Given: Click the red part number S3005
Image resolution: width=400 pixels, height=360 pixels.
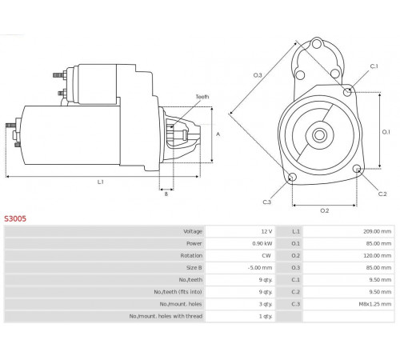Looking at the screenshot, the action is (x=15, y=218).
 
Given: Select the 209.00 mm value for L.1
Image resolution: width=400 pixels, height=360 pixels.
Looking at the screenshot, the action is (x=377, y=231).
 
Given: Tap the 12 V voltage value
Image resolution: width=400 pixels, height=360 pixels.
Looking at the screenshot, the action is (x=266, y=231).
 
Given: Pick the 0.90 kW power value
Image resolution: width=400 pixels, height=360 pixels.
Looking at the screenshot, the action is (x=262, y=243).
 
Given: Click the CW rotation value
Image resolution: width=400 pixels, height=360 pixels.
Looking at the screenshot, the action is (x=266, y=255).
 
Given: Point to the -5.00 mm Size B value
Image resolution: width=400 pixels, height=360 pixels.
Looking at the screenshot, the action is (x=260, y=267).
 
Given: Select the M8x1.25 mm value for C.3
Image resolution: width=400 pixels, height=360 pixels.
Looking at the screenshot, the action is (x=375, y=304).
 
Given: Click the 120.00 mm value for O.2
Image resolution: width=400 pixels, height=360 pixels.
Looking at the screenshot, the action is (x=377, y=255).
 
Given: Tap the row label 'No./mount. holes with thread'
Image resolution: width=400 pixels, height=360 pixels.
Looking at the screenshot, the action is (x=166, y=316).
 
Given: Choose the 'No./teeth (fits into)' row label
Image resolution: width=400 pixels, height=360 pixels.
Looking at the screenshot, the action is (x=178, y=292).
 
